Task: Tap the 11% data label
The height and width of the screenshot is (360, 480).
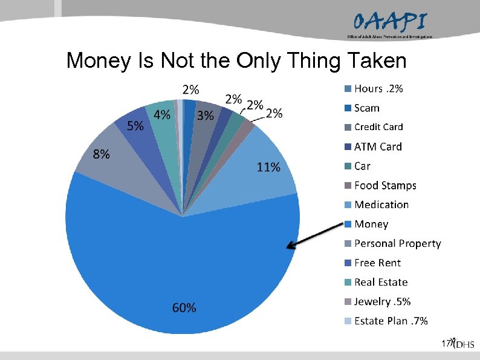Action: [268, 168]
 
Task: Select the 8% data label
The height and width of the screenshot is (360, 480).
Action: [101, 154]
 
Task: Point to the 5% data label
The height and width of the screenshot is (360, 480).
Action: [135, 126]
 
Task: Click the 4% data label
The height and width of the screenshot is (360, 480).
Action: [161, 114]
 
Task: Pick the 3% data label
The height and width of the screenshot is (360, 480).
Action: [206, 116]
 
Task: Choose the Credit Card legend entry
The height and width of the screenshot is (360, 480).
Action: [378, 127]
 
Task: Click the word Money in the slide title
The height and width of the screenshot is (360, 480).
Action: [105, 60]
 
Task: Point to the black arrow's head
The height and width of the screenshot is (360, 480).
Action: [290, 247]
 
